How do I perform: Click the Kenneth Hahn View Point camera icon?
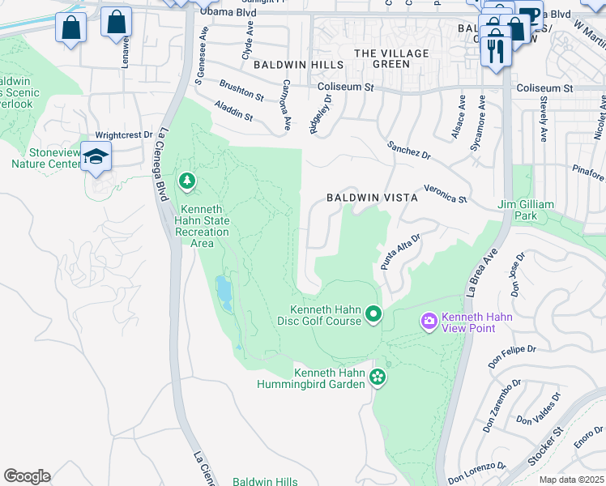(x=429, y=322)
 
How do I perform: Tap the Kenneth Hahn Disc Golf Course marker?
(x=373, y=313)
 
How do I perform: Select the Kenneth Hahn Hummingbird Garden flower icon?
(x=377, y=376)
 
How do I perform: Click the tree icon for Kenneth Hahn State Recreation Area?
(x=188, y=180)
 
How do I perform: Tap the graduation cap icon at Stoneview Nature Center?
(x=96, y=156)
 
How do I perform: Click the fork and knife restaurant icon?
(x=493, y=52)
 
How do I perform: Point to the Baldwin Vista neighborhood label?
(x=372, y=198)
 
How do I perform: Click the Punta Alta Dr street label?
(x=400, y=252)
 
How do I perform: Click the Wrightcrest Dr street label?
(x=124, y=135)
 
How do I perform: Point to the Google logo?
(x=27, y=475)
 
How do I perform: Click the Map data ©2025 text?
(x=570, y=480)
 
